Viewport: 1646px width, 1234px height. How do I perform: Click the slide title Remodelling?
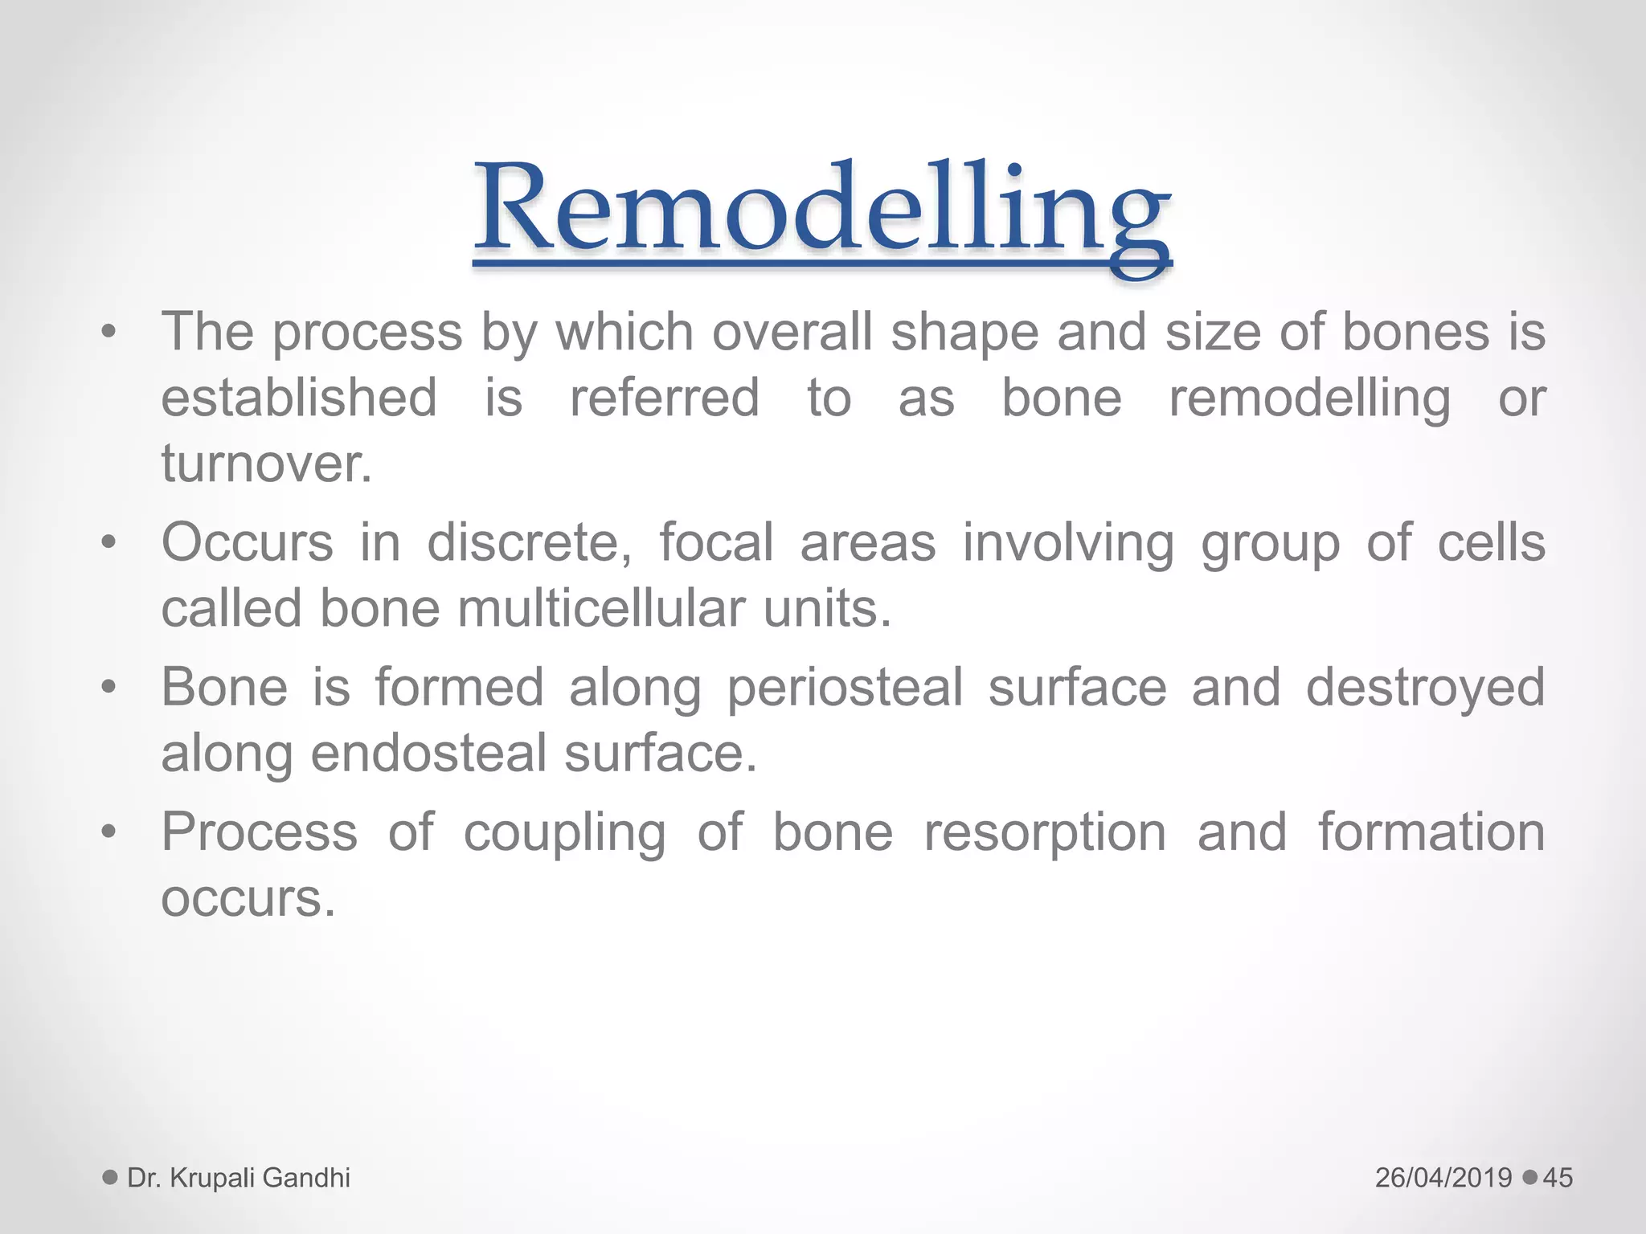point(821,210)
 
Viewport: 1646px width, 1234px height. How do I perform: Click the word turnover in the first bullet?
point(266,464)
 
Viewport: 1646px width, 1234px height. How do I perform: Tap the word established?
point(299,398)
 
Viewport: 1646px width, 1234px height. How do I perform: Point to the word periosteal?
point(845,689)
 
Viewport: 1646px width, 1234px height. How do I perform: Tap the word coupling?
point(564,833)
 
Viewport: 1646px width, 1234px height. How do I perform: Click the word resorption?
point(1045,833)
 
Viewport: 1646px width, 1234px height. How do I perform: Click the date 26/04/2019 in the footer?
point(1443,1178)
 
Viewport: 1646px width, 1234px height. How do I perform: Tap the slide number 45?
point(1558,1178)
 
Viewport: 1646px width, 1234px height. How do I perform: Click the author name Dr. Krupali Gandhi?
point(239,1178)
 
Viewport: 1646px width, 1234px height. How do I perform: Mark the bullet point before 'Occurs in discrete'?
point(109,542)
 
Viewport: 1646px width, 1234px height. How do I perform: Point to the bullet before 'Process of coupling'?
point(109,832)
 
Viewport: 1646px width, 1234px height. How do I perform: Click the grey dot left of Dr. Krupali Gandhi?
point(110,1178)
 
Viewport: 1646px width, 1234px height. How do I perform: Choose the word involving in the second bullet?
point(1068,544)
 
